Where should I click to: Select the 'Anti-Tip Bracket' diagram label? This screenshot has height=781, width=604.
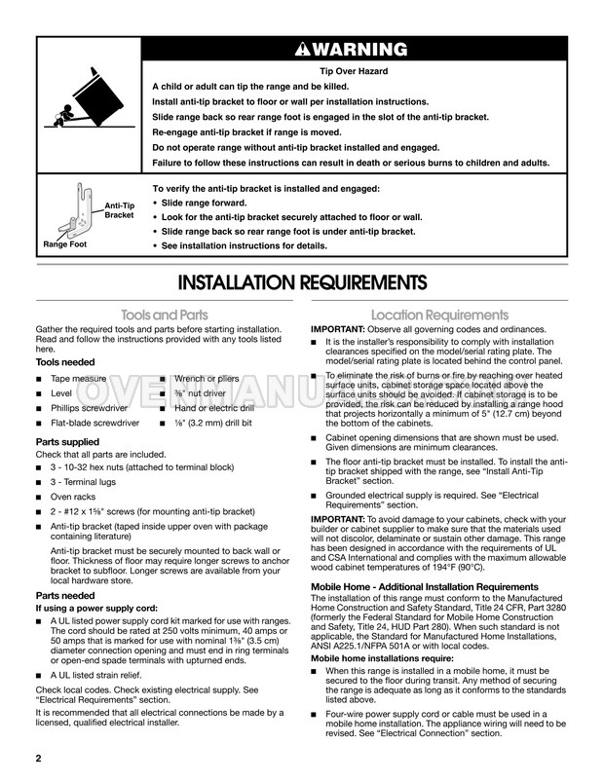[x=119, y=208]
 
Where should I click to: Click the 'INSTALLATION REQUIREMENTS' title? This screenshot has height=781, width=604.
[x=302, y=283]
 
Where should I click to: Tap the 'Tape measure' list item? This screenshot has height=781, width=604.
[x=79, y=377]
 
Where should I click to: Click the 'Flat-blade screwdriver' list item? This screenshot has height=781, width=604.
[x=95, y=424]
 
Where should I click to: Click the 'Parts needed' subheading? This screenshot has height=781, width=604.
[x=65, y=594]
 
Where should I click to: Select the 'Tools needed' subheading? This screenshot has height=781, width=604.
[x=66, y=361]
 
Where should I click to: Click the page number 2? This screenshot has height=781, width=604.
[x=38, y=758]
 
